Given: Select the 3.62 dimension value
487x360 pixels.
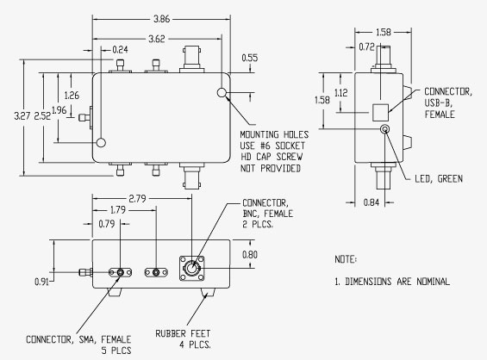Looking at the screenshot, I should [155, 39].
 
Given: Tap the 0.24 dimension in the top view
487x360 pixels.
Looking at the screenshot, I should [121, 50].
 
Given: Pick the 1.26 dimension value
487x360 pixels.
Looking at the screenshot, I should [72, 95].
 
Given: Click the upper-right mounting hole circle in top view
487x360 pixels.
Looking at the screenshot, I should [222, 92].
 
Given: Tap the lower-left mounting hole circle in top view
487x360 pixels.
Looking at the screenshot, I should [103, 142].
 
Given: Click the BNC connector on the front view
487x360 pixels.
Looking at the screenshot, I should [188, 267].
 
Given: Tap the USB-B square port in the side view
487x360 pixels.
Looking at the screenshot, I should [378, 112].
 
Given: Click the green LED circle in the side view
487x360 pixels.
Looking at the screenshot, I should [384, 130].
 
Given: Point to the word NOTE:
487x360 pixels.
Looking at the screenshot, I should [346, 258].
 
